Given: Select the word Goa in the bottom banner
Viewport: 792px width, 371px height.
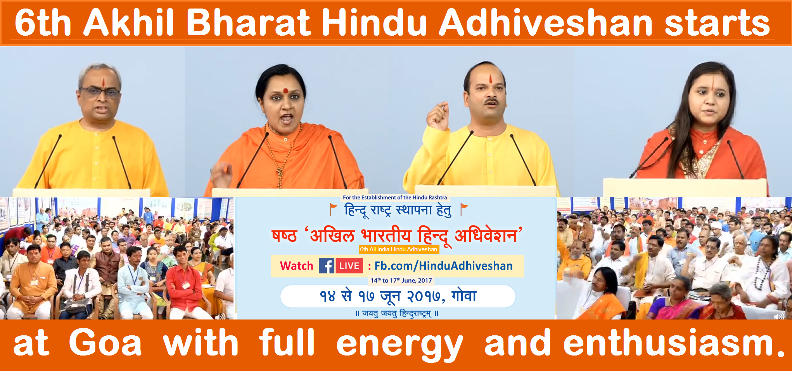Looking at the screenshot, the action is [x=105, y=342].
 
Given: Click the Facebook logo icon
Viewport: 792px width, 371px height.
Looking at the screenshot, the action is [x=326, y=266].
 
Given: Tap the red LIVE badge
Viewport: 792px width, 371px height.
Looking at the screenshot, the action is [x=349, y=266].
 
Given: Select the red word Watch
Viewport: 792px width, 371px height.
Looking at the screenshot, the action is [x=296, y=266].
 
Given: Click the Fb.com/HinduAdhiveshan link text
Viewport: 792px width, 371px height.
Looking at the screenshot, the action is [x=443, y=266].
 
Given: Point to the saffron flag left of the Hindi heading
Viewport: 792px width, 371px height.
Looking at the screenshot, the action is [x=333, y=209].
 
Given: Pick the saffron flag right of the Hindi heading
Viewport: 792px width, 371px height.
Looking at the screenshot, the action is [x=464, y=209].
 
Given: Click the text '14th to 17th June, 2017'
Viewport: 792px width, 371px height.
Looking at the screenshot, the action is [x=401, y=280].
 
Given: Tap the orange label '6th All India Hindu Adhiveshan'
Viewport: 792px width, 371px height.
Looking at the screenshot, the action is [x=399, y=249].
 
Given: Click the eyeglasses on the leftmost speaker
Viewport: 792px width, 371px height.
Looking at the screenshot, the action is [x=100, y=92].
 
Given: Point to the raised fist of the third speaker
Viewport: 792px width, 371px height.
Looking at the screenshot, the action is [x=438, y=115].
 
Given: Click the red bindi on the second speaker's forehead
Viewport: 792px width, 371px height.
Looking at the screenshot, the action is [x=285, y=91].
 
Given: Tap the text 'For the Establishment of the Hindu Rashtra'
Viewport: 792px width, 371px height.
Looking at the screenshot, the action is [x=395, y=198].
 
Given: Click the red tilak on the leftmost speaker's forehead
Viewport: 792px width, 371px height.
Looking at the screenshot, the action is [x=104, y=82].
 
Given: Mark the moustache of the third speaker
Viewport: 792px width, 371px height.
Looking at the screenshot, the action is [x=491, y=101].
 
